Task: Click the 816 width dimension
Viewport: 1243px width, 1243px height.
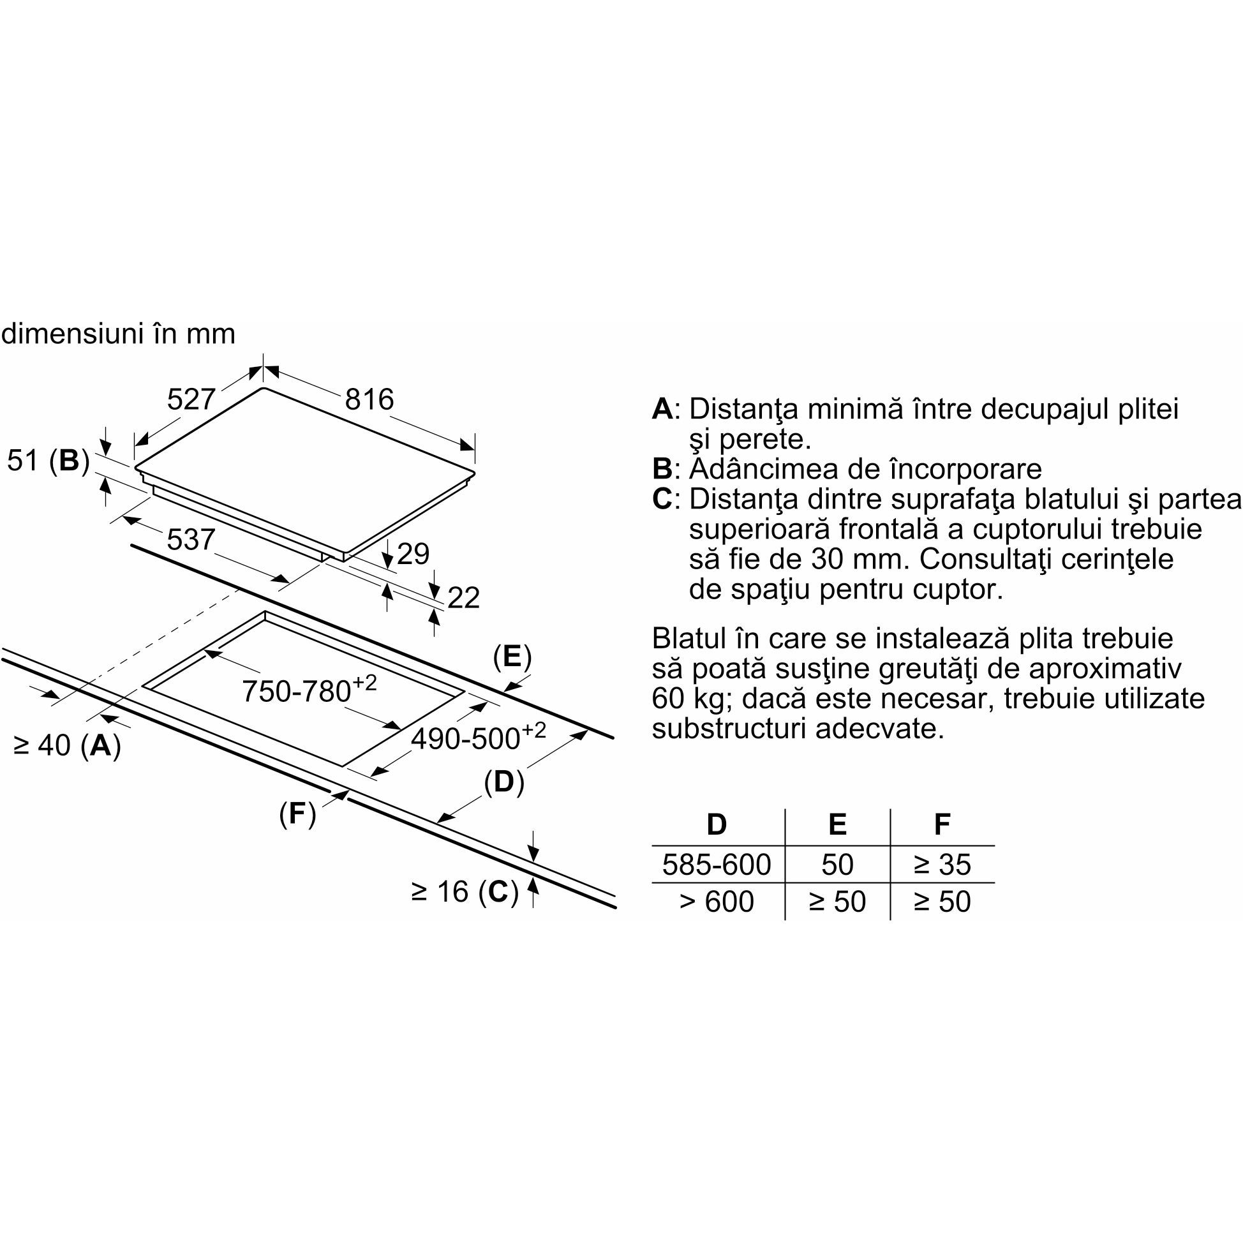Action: tap(369, 399)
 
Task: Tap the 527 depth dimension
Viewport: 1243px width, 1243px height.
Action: tap(190, 399)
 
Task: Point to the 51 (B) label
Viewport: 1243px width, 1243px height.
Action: tap(48, 461)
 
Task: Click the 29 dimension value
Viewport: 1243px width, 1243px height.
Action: tap(413, 554)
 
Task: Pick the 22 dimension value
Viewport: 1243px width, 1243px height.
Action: tap(463, 599)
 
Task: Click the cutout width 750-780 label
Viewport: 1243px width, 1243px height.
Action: tap(309, 690)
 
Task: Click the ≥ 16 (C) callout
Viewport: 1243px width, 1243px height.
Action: tap(465, 891)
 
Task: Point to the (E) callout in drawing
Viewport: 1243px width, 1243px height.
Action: tap(512, 657)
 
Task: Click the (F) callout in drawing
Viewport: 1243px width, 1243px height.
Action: tap(297, 814)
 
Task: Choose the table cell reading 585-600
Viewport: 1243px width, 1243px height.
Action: tap(716, 865)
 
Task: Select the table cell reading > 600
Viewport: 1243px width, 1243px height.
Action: tap(716, 902)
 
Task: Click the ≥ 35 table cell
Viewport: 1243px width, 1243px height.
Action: tap(942, 865)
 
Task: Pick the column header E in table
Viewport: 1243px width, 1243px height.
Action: tap(837, 824)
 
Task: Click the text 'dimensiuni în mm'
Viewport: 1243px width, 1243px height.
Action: tap(119, 334)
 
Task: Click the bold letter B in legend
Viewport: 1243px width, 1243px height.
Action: tap(662, 469)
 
